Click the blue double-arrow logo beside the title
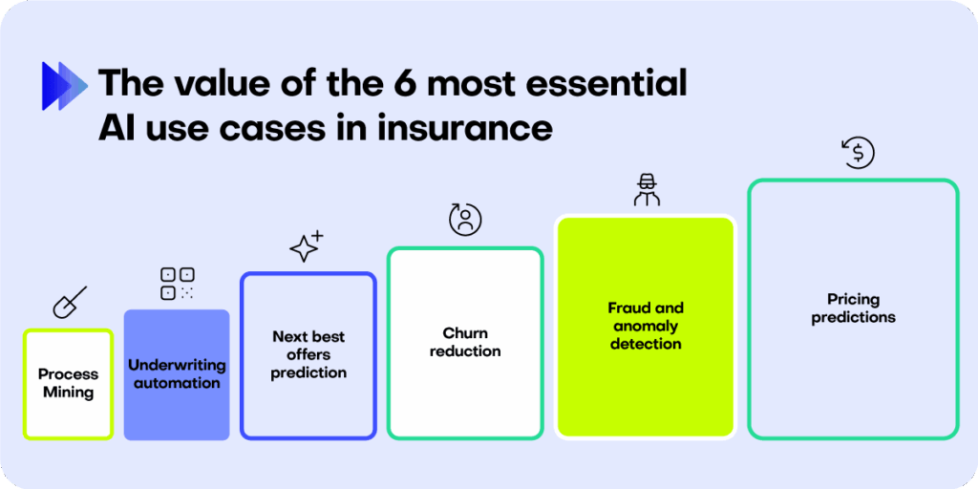click(x=64, y=86)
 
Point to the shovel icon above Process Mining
click(x=70, y=303)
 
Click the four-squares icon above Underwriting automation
click(x=177, y=284)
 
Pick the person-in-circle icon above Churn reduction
click(x=465, y=219)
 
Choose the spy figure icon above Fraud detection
click(x=647, y=190)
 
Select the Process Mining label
click(x=69, y=384)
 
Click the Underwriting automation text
click(x=177, y=373)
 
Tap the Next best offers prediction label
click(x=308, y=355)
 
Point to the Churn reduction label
click(x=465, y=342)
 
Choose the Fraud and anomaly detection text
click(x=647, y=326)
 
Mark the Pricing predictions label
click(x=853, y=308)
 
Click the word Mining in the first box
click(x=69, y=393)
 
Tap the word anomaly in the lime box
click(x=647, y=327)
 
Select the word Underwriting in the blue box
click(x=177, y=365)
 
